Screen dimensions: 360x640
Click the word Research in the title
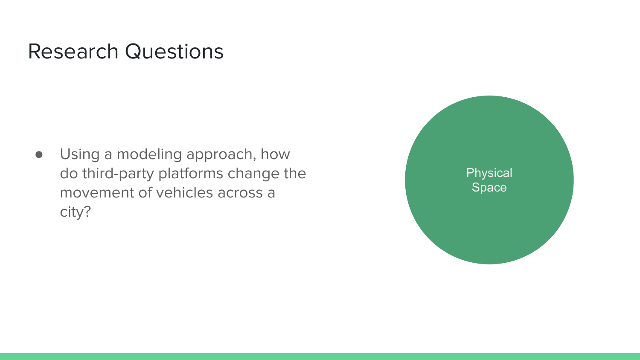73,52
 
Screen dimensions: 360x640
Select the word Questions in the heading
174,52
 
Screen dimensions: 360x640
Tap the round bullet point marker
39,154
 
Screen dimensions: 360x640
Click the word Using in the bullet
79,154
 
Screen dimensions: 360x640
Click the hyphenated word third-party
118,174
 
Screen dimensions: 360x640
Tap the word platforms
191,174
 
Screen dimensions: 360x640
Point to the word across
240,193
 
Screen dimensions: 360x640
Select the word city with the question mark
75,212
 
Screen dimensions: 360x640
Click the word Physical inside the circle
489,173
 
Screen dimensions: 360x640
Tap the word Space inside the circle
489,187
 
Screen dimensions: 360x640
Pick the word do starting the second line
69,174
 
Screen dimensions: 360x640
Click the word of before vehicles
145,193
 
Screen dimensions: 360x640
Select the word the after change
295,174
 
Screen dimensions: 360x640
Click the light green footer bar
320,356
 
